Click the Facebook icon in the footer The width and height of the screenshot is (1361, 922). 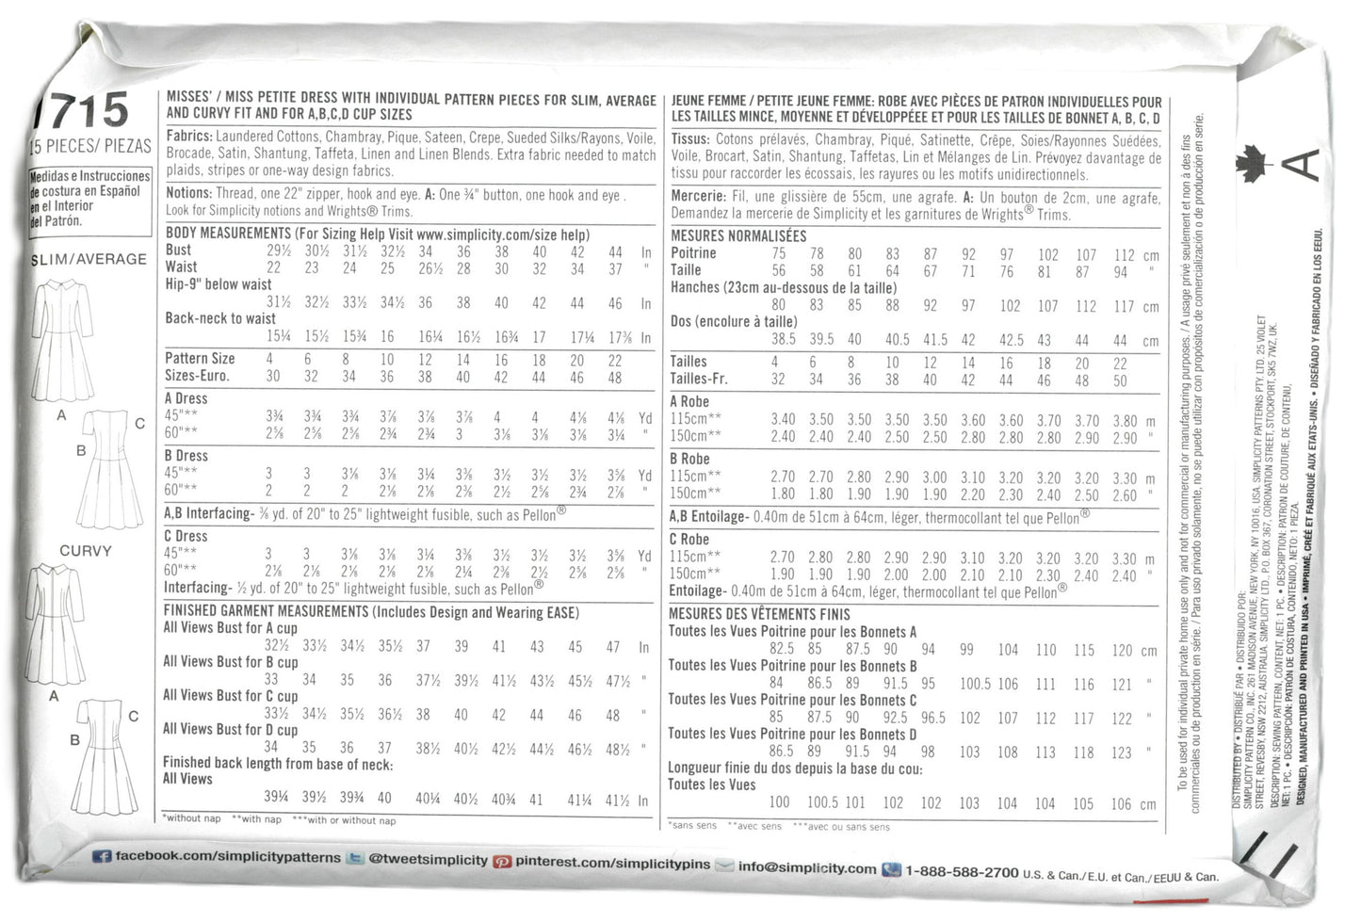click(102, 858)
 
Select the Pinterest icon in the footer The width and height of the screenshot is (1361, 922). click(503, 861)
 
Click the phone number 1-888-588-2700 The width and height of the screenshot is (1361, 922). click(961, 872)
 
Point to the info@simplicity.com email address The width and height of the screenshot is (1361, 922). click(807, 866)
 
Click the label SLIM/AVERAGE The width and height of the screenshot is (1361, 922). click(89, 259)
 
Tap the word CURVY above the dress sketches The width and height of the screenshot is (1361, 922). click(86, 551)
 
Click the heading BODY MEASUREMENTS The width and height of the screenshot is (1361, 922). click(228, 234)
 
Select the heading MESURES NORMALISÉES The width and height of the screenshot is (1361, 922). click(738, 235)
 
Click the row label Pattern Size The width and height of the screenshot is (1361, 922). click(200, 359)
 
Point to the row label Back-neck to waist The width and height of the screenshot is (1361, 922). click(220, 318)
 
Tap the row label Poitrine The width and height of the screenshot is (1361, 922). click(693, 253)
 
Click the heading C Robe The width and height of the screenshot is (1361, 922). click(689, 540)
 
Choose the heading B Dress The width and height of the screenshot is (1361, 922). click(186, 456)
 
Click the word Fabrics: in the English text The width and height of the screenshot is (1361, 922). click(189, 137)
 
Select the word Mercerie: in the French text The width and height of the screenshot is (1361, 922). click(698, 197)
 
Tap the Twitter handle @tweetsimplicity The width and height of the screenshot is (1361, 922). click(429, 860)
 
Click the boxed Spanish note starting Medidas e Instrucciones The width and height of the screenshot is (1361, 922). click(90, 199)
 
